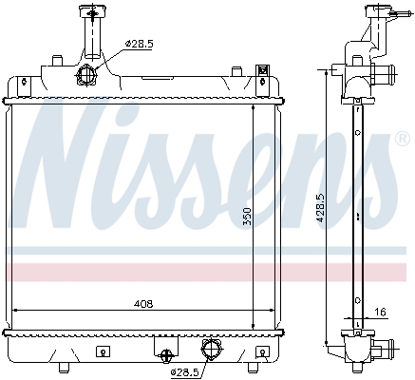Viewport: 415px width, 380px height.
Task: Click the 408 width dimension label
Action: [143, 304]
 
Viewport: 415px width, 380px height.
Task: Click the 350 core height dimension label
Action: [247, 217]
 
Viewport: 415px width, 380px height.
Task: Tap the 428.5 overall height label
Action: [320, 208]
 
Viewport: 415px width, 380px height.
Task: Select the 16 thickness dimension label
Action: [381, 313]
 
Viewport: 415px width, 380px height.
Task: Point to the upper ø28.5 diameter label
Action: [139, 44]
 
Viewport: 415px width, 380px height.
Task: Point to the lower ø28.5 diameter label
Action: [184, 372]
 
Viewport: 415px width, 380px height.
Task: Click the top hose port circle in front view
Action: [85, 75]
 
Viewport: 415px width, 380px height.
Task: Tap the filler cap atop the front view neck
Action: [92, 12]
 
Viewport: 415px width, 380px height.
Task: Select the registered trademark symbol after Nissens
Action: [403, 139]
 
